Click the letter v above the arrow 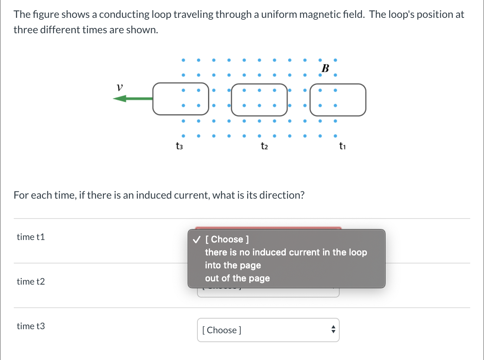119,87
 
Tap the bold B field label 325,68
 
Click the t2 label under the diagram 264,146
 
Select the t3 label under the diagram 179,146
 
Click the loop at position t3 181,99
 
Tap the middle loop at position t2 259,99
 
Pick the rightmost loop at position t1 338,99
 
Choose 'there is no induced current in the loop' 286,252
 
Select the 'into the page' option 233,266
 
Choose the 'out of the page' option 237,279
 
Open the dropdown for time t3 268,330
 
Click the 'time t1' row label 31,237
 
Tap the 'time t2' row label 31,281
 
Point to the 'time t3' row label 31,326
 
